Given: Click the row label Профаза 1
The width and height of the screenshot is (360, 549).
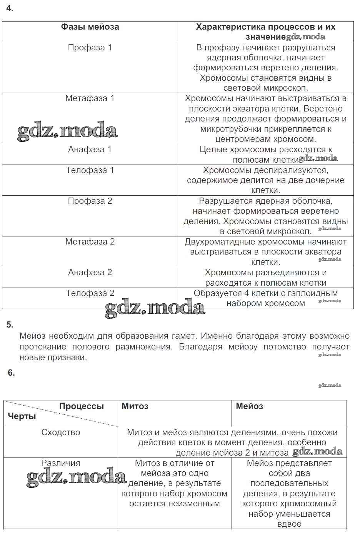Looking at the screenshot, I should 90,48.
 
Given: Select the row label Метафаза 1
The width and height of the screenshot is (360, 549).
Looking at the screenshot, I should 90,98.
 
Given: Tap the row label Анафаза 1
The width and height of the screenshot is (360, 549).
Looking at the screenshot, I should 90,150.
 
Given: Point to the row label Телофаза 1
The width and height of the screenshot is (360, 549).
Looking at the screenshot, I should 90,170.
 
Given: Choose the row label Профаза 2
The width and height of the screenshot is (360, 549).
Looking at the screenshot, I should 90,201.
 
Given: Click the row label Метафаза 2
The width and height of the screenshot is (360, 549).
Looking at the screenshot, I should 90,242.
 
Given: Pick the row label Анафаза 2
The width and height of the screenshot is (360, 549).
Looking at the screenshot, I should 90,273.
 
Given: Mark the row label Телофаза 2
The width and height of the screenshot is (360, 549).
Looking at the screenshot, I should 90,293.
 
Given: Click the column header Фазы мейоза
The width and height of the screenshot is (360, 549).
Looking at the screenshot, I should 90,27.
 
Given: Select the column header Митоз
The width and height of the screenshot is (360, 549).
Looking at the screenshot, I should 135,406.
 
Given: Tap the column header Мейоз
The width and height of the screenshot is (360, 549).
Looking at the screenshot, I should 249,406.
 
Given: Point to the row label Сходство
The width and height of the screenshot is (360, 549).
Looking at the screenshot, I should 61,433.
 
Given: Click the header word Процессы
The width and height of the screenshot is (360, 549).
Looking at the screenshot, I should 81,406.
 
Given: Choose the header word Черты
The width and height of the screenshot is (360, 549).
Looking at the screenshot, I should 22,416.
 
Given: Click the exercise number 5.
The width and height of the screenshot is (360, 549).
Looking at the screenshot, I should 10,325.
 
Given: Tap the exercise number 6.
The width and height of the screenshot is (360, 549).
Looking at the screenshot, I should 11,373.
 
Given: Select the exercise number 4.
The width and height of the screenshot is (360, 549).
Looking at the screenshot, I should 10,8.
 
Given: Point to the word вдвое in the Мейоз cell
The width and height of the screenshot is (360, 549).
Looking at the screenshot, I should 289,524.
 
